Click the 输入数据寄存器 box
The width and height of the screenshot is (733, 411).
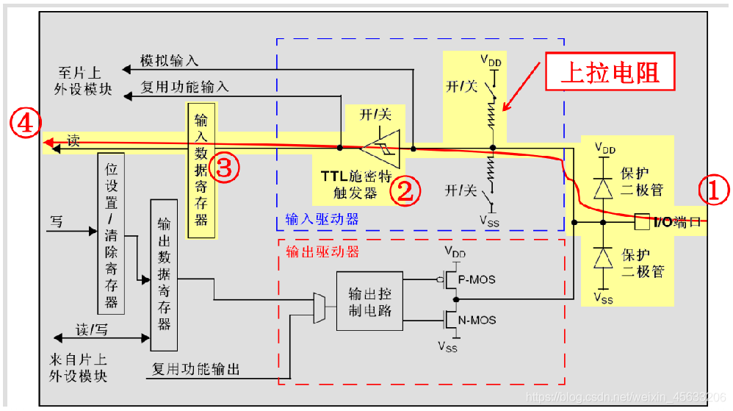pyautogui.click(x=201, y=171)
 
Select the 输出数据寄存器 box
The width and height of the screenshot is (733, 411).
pyautogui.click(x=164, y=274)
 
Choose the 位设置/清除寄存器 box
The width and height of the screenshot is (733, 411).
pyautogui.click(x=111, y=234)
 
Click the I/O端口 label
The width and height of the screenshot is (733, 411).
pyautogui.click(x=676, y=221)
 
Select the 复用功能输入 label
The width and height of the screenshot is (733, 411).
pyautogui.click(x=184, y=87)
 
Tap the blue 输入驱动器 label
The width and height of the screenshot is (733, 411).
pyautogui.click(x=322, y=219)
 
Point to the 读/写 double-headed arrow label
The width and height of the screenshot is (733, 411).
pyautogui.click(x=92, y=329)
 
